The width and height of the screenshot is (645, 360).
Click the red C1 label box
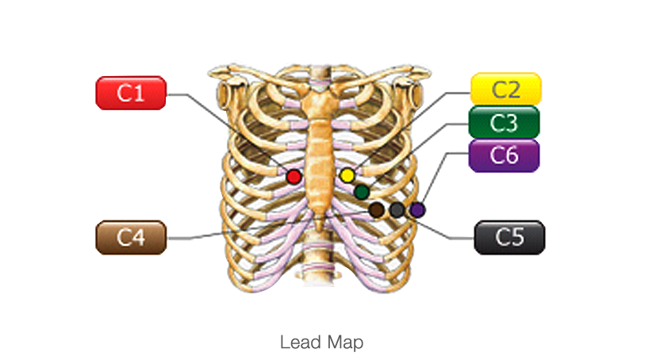coord(130,93)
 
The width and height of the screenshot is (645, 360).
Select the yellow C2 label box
coord(505,89)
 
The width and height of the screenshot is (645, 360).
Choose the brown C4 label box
coord(130,237)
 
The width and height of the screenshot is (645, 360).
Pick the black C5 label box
coord(509,237)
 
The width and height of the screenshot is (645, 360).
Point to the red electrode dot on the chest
coord(294,176)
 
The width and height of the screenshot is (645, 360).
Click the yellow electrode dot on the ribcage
coord(347,175)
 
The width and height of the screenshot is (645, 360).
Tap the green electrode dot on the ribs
coord(362,191)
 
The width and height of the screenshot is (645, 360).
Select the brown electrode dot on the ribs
coord(377,209)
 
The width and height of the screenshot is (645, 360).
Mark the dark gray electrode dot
coord(397,209)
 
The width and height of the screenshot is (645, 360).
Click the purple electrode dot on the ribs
coord(417,209)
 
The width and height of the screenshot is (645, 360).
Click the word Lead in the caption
coord(298,343)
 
